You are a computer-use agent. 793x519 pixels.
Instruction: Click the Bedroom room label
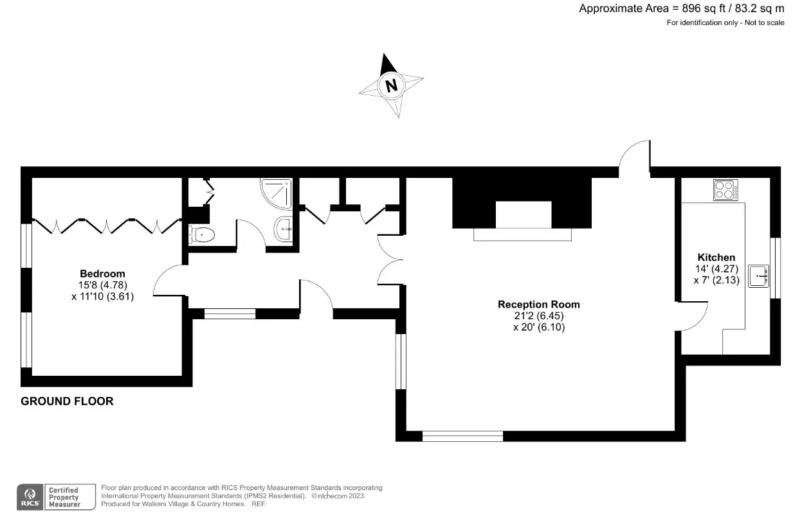click(x=102, y=274)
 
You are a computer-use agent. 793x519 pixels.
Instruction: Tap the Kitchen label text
click(x=716, y=258)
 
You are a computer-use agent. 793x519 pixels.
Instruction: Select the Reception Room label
click(x=539, y=304)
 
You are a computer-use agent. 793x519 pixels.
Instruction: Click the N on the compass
click(x=391, y=85)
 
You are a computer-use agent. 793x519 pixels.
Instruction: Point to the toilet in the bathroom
click(x=201, y=234)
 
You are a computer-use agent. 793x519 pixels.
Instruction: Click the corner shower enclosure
click(x=277, y=193)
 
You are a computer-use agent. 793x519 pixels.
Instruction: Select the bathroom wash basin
click(x=283, y=229)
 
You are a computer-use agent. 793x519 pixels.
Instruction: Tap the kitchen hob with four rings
click(x=725, y=190)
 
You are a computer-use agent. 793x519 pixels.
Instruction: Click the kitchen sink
click(x=758, y=276)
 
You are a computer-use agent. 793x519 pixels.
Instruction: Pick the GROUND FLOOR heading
click(x=67, y=401)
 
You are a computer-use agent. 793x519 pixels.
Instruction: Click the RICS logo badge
click(x=30, y=497)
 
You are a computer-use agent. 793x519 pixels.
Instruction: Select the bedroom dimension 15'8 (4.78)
click(x=103, y=285)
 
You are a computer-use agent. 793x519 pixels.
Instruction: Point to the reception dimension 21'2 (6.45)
click(x=539, y=316)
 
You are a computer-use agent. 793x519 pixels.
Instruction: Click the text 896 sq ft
click(x=704, y=8)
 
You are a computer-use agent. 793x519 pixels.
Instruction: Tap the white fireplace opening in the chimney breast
click(x=524, y=215)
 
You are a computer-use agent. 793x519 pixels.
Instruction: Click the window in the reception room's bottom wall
click(x=462, y=436)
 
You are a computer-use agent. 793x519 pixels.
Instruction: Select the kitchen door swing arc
click(x=699, y=321)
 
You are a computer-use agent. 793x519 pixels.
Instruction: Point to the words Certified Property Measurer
click(x=64, y=497)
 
